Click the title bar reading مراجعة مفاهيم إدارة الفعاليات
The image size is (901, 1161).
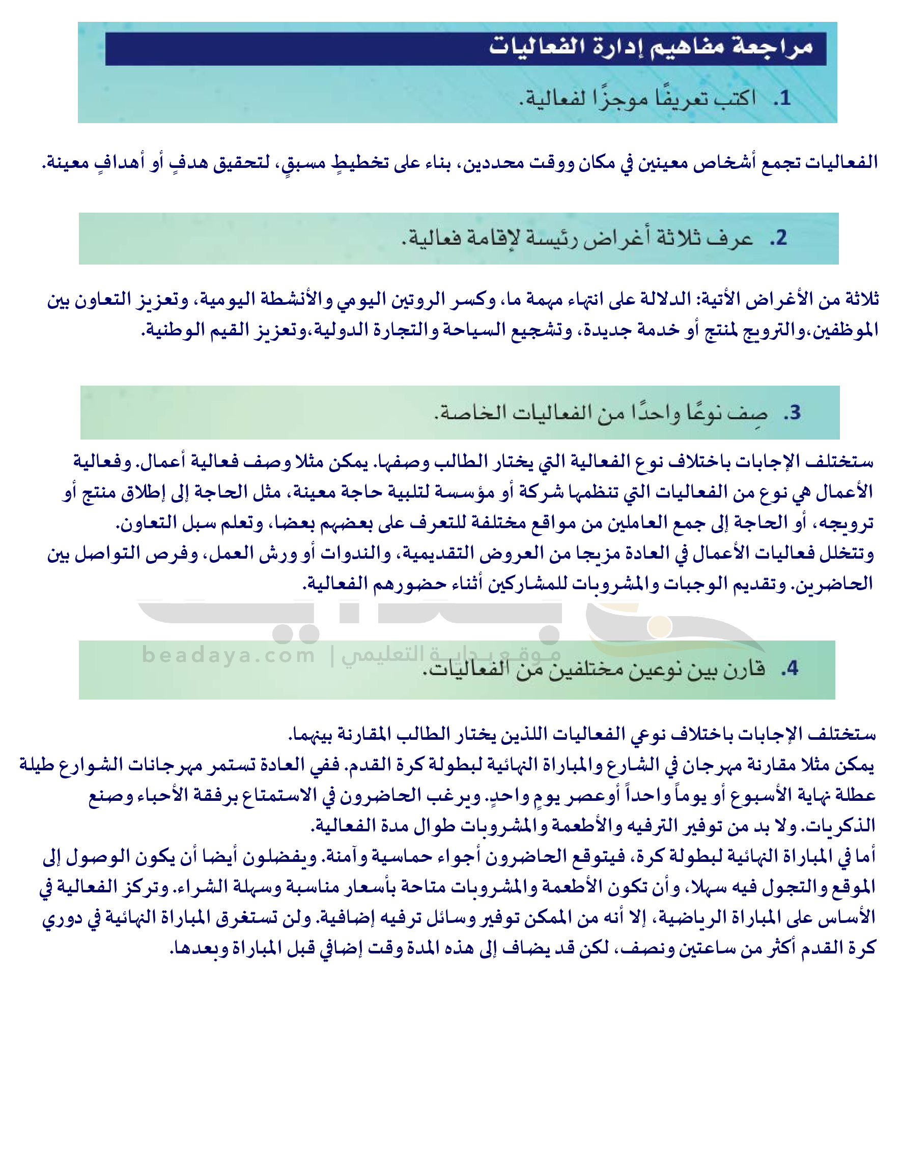click(465, 48)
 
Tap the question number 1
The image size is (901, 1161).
click(782, 98)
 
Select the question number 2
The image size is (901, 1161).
click(778, 238)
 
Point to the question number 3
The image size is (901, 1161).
click(792, 413)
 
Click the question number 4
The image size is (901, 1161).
click(790, 667)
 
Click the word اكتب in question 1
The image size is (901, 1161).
click(735, 98)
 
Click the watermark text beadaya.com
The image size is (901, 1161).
click(229, 655)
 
